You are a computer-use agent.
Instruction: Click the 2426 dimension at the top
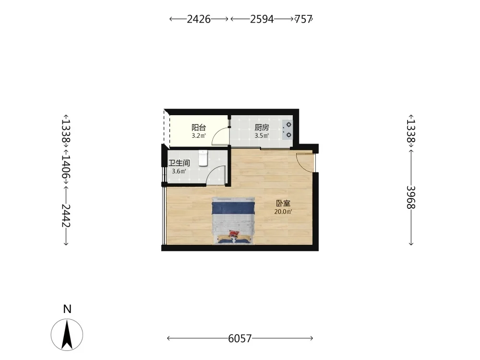click(x=199, y=19)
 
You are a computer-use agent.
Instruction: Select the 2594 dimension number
click(x=262, y=19)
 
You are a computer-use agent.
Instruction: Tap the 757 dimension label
click(x=303, y=19)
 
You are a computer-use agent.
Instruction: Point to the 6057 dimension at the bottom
click(x=240, y=338)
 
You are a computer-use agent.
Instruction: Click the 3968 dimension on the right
click(x=411, y=197)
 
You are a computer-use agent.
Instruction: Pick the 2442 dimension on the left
click(x=66, y=216)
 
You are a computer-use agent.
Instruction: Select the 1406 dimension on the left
click(x=66, y=167)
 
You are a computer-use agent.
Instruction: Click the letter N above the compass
click(x=67, y=309)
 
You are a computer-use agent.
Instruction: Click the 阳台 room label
click(x=199, y=127)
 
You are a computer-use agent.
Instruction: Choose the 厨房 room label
click(x=262, y=127)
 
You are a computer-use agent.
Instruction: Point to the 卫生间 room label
click(x=179, y=163)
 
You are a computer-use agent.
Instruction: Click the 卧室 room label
click(x=283, y=203)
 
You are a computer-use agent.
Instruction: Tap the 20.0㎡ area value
click(x=283, y=212)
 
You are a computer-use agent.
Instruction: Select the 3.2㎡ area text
click(x=199, y=136)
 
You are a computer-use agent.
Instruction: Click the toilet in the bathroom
click(x=203, y=157)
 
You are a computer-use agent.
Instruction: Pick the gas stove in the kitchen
click(x=288, y=130)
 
